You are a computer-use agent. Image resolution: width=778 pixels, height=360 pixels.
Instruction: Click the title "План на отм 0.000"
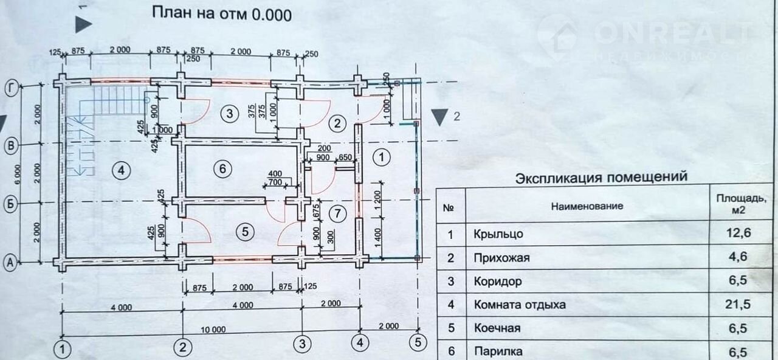click(x=221, y=14)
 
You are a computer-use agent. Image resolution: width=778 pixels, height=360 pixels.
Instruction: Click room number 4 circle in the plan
click(x=122, y=171)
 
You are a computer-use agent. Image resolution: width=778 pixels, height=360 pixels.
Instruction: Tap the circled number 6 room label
click(x=223, y=168)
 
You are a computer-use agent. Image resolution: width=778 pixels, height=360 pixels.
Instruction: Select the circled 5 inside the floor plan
click(x=245, y=231)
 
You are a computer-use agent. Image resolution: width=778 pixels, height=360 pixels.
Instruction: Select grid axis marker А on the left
click(x=10, y=263)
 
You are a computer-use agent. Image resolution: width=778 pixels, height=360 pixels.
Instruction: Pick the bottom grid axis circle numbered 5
click(x=417, y=342)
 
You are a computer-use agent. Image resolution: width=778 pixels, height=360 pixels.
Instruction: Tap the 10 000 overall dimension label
click(x=213, y=330)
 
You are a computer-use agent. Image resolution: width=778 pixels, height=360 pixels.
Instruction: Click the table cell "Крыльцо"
click(x=497, y=234)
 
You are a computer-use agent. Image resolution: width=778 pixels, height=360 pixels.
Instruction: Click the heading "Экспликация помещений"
click(x=601, y=178)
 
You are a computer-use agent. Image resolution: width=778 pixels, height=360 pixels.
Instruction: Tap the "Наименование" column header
click(x=587, y=206)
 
